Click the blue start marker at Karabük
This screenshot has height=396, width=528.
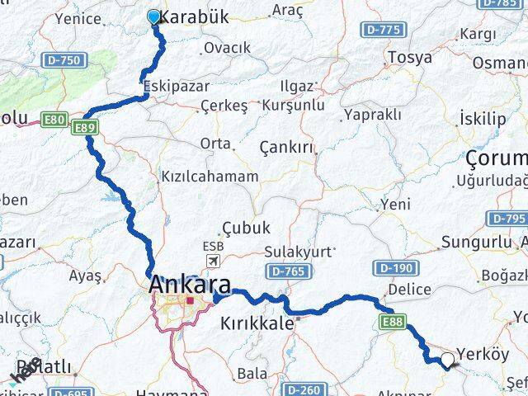tap(154, 16)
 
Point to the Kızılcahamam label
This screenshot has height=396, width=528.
tap(210, 177)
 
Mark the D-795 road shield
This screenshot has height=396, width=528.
tap(506, 218)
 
